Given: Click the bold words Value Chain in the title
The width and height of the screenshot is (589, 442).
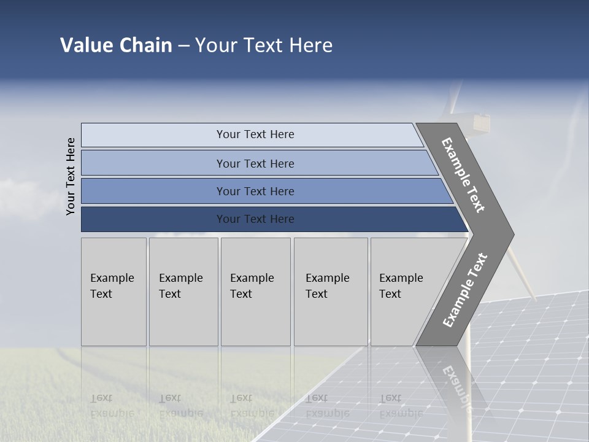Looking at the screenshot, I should [x=116, y=45].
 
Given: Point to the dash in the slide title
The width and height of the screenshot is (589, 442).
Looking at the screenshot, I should [x=183, y=46].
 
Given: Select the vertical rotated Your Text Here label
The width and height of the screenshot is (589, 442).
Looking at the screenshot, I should [x=71, y=177].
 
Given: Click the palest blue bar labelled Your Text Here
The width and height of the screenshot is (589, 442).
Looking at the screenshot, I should [x=255, y=134].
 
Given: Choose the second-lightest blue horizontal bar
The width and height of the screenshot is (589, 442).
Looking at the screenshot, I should [x=255, y=163].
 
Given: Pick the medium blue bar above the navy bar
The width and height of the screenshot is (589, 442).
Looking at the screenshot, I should [x=255, y=191].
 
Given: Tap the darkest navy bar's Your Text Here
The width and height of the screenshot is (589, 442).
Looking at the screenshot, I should [x=255, y=219].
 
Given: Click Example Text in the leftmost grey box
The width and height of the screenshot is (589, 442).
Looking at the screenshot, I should [x=112, y=285].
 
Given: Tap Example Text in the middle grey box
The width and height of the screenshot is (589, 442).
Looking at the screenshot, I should [x=252, y=285].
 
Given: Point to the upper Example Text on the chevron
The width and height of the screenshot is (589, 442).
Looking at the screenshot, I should [x=463, y=175].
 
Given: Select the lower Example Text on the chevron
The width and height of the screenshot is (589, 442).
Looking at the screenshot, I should [x=464, y=290].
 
